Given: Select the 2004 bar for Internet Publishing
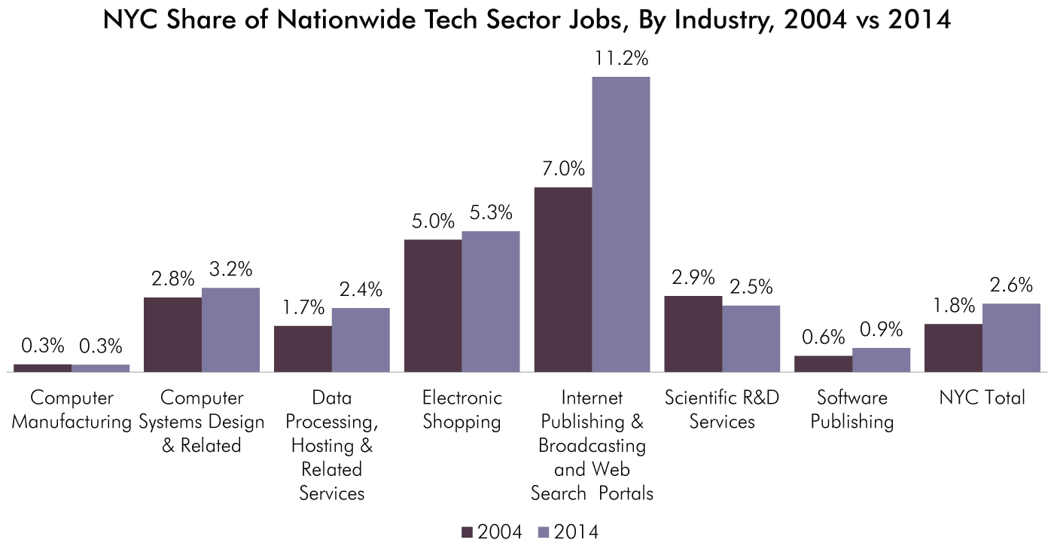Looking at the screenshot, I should (x=563, y=279).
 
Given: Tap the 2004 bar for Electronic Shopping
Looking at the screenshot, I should (x=433, y=305).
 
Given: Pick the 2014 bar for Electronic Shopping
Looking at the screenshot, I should (x=491, y=301).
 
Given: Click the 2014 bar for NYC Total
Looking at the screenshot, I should (x=1011, y=337).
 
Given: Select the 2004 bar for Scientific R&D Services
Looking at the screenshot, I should (x=693, y=334).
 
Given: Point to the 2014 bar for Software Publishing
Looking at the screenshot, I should (x=881, y=359).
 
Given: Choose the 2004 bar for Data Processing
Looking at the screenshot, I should (x=303, y=349).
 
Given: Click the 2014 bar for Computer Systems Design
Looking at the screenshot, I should (x=230, y=329).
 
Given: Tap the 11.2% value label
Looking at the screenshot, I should (x=621, y=59).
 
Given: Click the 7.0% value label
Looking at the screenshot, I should (x=563, y=169).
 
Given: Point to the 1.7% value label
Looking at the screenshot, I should (x=303, y=307).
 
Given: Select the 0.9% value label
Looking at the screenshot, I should (x=881, y=330).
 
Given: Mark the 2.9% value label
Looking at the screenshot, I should (x=693, y=278).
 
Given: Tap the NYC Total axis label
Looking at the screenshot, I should (x=982, y=398).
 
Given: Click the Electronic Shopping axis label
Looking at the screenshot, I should (x=462, y=410).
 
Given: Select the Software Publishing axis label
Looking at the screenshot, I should (x=852, y=410).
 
